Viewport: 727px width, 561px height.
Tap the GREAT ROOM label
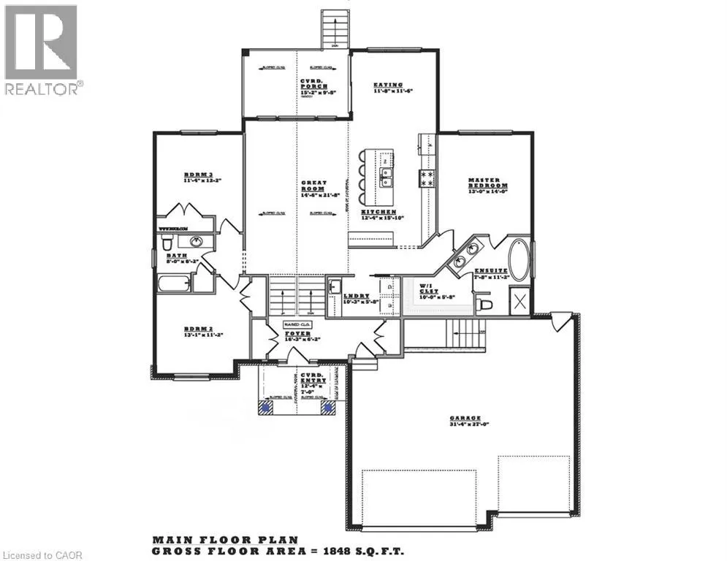click(315, 188)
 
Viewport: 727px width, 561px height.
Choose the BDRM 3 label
click(197, 176)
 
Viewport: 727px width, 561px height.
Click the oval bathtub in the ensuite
click(521, 259)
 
